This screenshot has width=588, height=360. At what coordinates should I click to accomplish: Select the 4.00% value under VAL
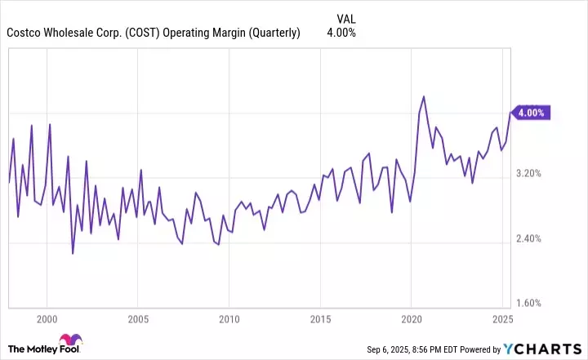[x=341, y=33]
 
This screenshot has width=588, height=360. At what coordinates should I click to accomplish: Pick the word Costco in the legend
[x=25, y=33]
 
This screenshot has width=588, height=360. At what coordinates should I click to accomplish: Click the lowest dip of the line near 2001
[x=73, y=253]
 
